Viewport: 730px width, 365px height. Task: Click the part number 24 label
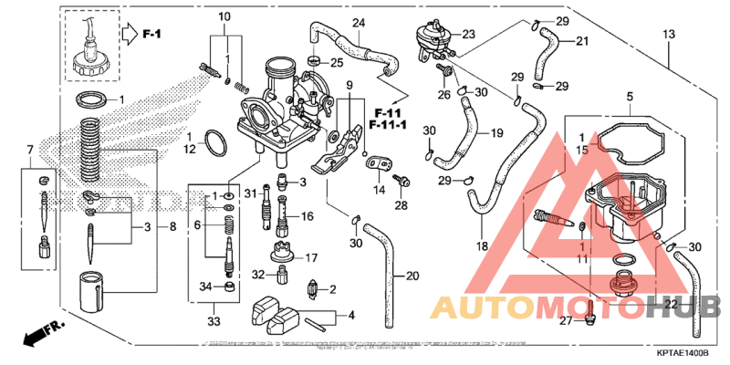pyautogui.click(x=358, y=22)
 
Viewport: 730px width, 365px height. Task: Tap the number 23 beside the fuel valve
pyautogui.click(x=469, y=35)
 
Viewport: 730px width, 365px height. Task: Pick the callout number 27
pyautogui.click(x=566, y=321)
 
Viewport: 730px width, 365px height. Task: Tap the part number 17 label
pyautogui.click(x=311, y=257)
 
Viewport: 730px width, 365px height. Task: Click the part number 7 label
pyautogui.click(x=29, y=149)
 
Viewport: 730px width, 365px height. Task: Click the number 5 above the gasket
pyautogui.click(x=629, y=96)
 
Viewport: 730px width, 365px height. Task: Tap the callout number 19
pyautogui.click(x=497, y=133)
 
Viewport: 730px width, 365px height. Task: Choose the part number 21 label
pyautogui.click(x=582, y=40)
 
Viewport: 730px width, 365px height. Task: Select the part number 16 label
pyautogui.click(x=308, y=216)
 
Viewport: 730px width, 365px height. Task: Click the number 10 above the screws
pyautogui.click(x=224, y=17)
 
